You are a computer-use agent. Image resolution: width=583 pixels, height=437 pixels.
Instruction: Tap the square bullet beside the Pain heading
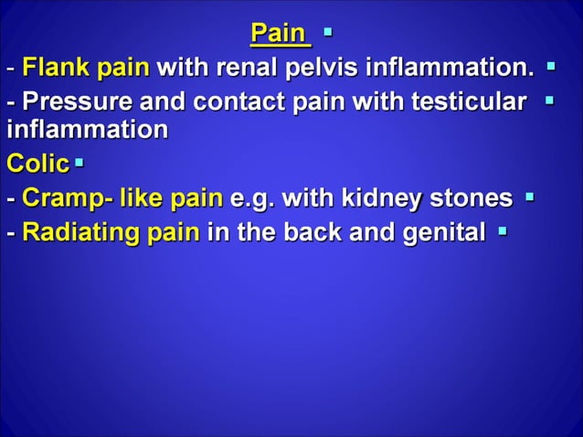(327, 33)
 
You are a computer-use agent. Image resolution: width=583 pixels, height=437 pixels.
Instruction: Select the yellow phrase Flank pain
(86, 68)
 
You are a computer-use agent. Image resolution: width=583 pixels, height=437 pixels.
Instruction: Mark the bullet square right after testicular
(549, 97)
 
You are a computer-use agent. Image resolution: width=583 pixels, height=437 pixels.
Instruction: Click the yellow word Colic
(37, 164)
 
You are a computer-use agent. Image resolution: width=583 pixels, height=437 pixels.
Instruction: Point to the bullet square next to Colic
(79, 163)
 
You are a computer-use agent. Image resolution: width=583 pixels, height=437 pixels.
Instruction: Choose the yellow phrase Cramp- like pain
(122, 197)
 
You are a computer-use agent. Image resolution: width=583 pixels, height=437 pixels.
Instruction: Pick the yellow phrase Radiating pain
(111, 231)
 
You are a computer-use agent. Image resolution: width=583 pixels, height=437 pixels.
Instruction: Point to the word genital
(442, 232)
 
